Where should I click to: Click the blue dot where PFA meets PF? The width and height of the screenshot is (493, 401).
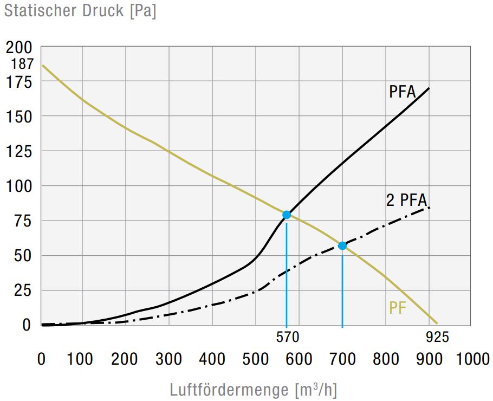pos(287,215)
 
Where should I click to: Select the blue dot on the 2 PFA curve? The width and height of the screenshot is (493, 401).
pos(342,245)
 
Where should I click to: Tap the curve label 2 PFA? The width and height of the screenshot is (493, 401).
pos(407,200)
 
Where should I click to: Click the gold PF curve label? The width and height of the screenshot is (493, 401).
pos(398,308)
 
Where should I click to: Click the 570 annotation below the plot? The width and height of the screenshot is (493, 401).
pos(287,337)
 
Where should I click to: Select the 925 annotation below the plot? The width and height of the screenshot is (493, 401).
pos(437,337)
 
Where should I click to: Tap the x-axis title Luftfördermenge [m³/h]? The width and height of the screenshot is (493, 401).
pos(254,390)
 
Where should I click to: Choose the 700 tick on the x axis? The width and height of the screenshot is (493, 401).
pos(342,359)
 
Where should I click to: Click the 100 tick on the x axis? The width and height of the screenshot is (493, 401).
pos(82,359)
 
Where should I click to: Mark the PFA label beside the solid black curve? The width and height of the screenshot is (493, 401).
pos(403,92)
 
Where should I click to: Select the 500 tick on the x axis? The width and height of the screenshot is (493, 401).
pos(256,359)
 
